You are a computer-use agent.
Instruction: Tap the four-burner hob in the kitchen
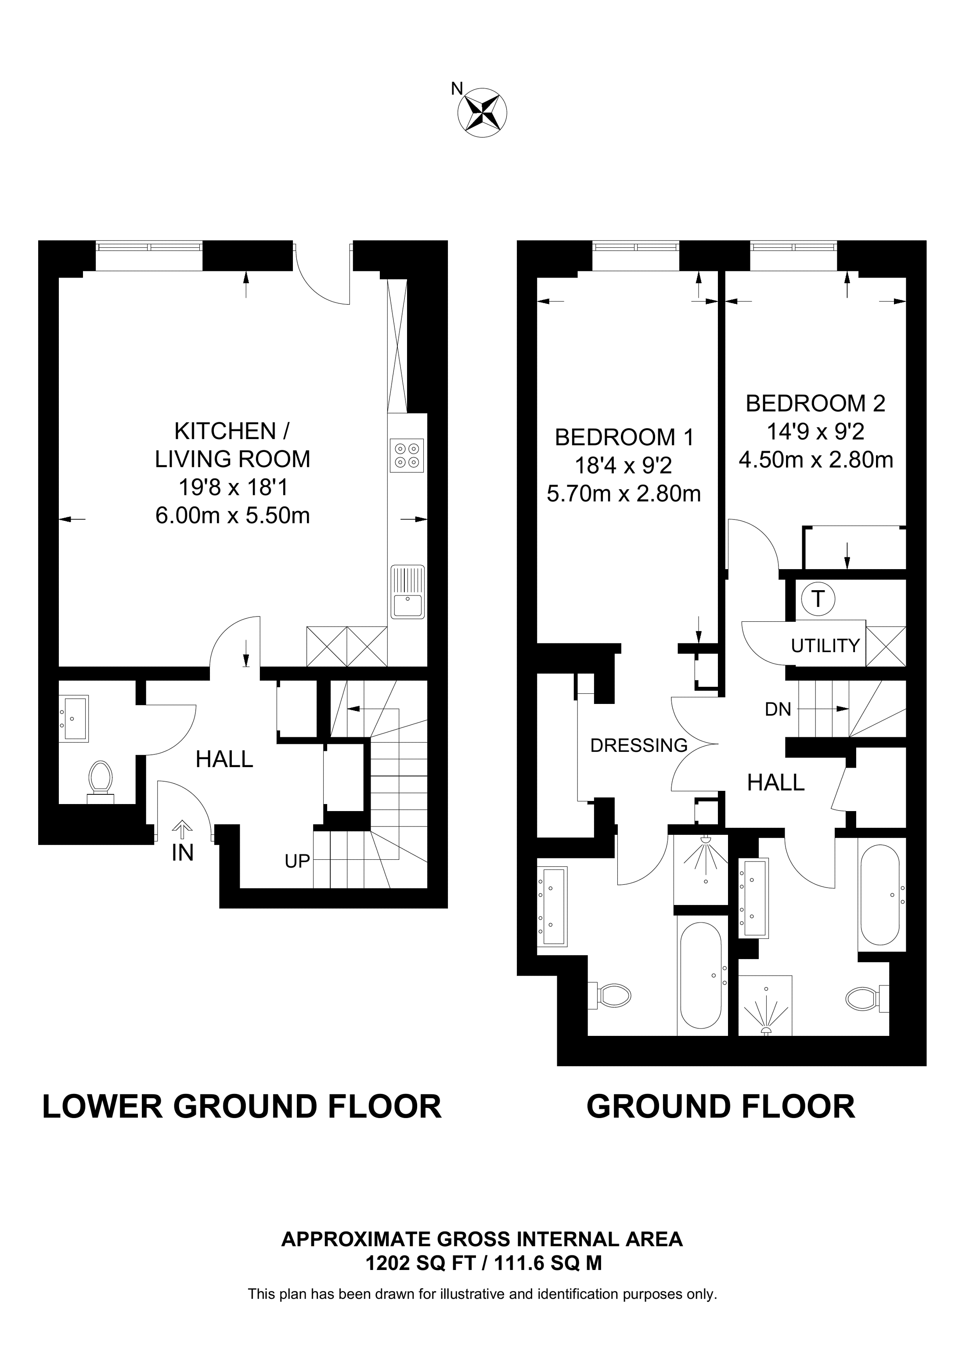pos(407,455)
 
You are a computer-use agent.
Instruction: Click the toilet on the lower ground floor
pos(101,778)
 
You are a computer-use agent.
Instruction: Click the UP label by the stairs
pos(297,861)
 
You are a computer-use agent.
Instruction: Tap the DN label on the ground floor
pos(778,709)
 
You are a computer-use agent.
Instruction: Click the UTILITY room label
pos(825,646)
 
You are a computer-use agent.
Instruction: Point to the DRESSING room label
pos(638,746)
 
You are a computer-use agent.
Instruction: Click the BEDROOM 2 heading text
pos(815,404)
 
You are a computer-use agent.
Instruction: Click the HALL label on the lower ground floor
pos(224,759)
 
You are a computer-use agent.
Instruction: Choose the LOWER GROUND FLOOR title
pos(241,1107)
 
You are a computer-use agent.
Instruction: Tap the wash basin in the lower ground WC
pos(74,718)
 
